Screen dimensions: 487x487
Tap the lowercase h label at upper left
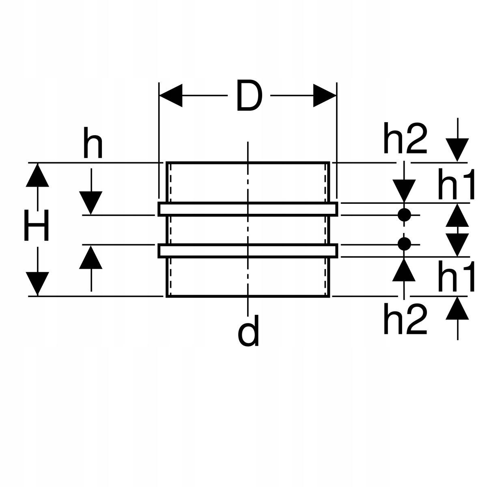point(93,142)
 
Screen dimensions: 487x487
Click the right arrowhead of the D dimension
point(325,96)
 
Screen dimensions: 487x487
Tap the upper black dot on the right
point(404,215)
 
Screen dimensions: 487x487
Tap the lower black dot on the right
point(404,244)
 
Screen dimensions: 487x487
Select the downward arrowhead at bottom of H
point(37,283)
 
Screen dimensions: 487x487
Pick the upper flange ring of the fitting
point(248,209)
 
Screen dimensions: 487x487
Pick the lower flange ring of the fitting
point(248,250)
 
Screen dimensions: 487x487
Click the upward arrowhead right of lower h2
point(457,308)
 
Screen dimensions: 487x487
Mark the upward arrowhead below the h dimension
point(91,257)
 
